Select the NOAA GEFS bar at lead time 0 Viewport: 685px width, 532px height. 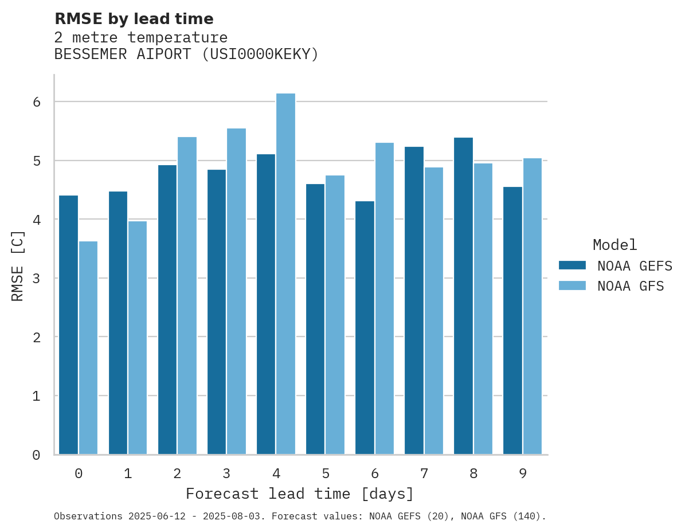[68, 325]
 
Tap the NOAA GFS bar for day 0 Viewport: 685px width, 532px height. [88, 348]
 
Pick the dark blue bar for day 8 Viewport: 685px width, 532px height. [463, 296]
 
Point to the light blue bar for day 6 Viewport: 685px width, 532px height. [384, 299]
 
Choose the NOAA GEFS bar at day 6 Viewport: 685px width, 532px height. [365, 328]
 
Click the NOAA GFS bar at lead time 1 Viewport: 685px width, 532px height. [138, 338]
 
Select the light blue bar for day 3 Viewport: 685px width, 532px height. [236, 291]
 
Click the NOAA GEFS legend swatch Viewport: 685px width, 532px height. [572, 265]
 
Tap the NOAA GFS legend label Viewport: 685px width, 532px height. [631, 286]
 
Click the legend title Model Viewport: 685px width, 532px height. [614, 245]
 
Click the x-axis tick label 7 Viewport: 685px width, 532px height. [424, 474]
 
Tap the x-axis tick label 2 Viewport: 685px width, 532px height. [177, 474]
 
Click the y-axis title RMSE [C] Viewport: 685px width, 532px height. [18, 265]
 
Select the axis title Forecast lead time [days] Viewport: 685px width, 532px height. [299, 494]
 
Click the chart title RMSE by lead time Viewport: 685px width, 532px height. [134, 19]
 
